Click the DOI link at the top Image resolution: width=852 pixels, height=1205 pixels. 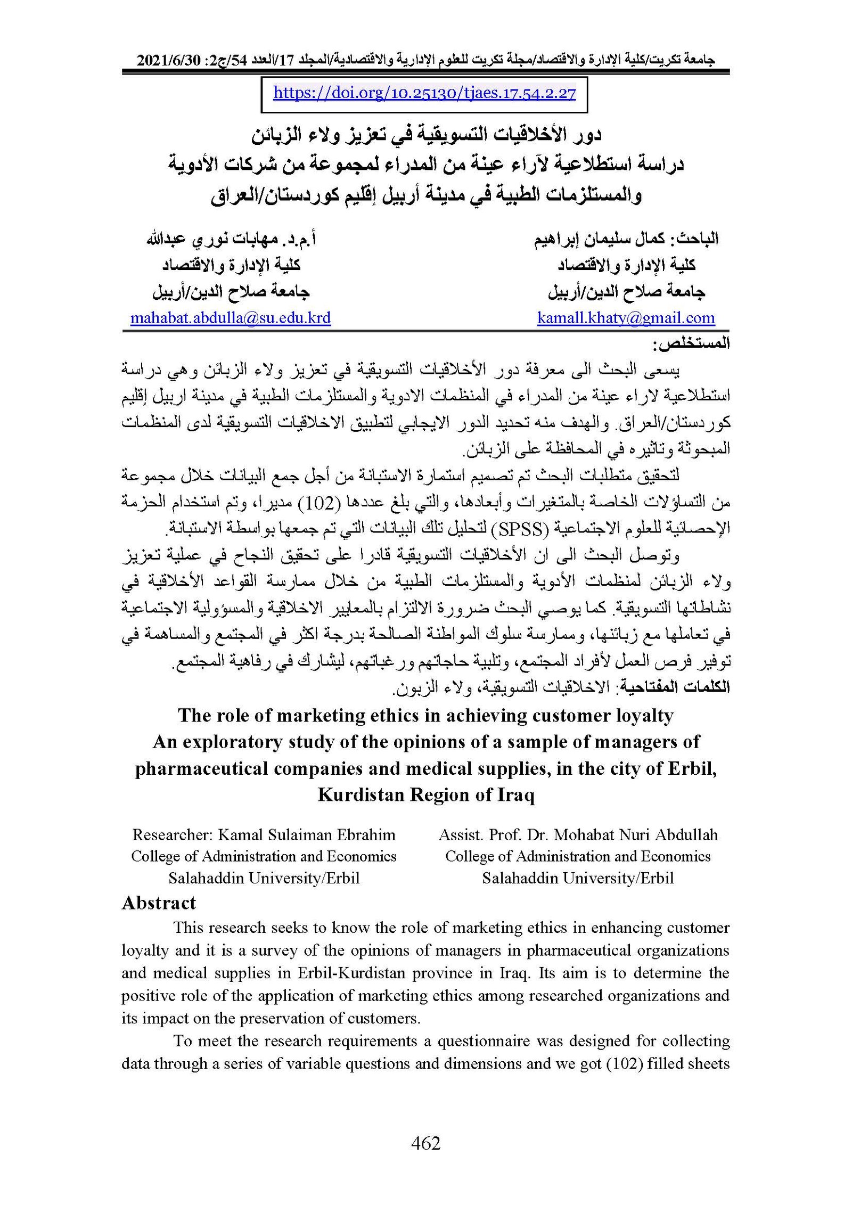424,94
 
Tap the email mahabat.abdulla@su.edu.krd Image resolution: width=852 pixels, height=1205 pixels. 231,318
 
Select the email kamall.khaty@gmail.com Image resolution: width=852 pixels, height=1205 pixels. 626,318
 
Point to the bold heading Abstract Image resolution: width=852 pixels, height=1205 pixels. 159,903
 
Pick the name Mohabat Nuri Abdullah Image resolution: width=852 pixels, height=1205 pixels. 636,834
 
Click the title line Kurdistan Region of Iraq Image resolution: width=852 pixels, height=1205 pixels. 425,795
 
